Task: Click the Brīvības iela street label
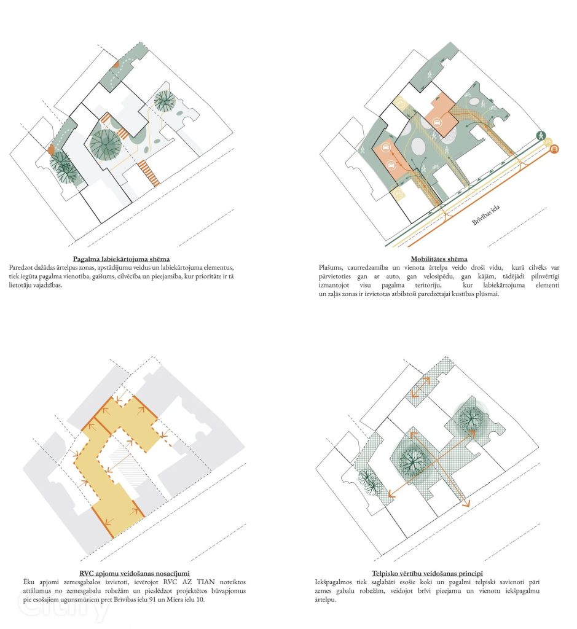pos(485,214)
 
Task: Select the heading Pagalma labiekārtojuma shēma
pos(121,259)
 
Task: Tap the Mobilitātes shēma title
pos(439,259)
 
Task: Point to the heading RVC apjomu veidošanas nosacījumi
pos(135,573)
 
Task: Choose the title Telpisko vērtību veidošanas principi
pos(427,573)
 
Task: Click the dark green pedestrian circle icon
pos(541,135)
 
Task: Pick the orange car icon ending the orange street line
pos(554,149)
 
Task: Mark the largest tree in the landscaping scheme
pos(105,145)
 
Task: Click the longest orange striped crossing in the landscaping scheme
pos(149,173)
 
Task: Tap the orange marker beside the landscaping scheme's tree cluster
pos(51,150)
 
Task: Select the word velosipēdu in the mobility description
pos(438,276)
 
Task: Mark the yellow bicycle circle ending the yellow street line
pos(548,142)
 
